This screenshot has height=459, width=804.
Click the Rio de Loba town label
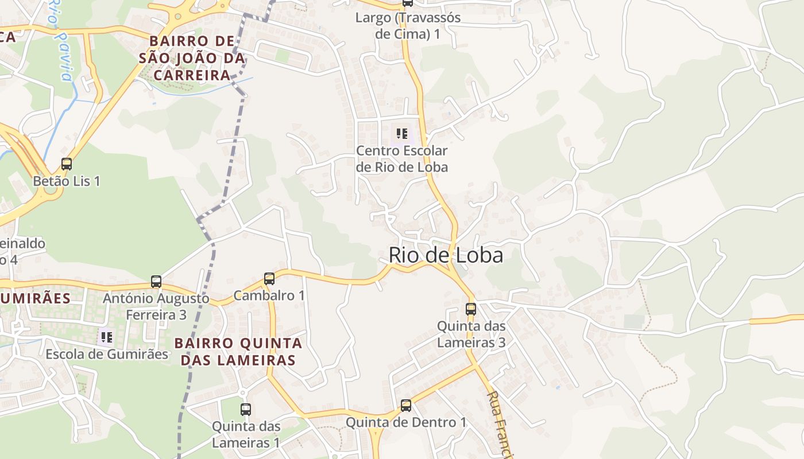coord(446,255)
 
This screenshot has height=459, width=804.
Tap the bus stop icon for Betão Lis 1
coord(67,164)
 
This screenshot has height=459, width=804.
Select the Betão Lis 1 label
coord(67,181)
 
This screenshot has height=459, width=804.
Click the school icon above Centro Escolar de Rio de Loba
coord(402,134)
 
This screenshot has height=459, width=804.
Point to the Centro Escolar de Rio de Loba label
coord(402,159)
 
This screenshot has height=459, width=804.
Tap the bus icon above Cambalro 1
coord(269,279)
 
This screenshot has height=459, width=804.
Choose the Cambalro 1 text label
coord(269,296)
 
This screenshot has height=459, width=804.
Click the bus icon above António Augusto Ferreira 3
coord(156,282)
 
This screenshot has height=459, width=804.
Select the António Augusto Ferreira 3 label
coord(156,306)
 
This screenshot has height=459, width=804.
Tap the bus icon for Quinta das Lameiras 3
coord(471,309)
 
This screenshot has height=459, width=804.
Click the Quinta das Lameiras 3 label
coord(471,334)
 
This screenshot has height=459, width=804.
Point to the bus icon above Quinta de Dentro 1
coord(406,406)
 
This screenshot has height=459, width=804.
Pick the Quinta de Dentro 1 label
coord(406,423)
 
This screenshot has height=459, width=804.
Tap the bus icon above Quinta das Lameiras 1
coord(246,410)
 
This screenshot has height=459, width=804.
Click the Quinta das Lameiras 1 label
coord(246,434)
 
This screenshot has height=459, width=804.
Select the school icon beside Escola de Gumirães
coord(106,337)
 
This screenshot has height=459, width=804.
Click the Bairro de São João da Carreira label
coord(192,59)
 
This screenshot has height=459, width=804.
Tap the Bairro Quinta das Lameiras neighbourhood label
coord(238,352)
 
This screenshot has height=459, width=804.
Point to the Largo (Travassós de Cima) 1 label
coord(408,25)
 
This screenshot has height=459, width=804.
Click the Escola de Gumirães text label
coord(107,354)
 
